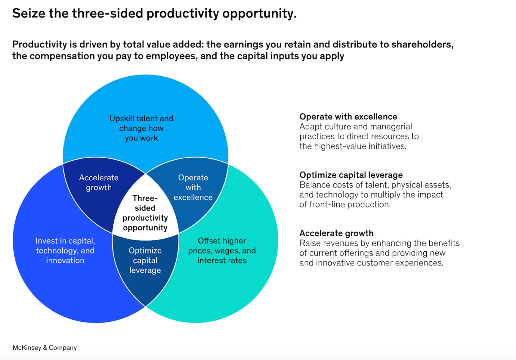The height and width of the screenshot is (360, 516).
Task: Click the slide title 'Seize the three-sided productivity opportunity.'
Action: (154, 13)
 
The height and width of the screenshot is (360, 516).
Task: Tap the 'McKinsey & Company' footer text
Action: (45, 348)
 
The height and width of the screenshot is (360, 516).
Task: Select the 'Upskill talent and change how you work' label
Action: (142, 128)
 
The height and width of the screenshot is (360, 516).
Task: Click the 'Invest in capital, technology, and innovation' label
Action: (65, 251)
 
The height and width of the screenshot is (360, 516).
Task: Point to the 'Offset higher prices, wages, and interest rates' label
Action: (222, 251)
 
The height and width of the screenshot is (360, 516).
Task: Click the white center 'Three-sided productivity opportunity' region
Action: (145, 213)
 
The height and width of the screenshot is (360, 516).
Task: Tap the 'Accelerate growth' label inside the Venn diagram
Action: (99, 183)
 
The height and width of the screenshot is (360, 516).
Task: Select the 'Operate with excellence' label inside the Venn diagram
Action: (193, 188)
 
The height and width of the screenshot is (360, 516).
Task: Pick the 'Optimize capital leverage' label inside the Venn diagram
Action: (145, 260)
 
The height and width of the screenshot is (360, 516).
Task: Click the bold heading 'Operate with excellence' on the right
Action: (348, 117)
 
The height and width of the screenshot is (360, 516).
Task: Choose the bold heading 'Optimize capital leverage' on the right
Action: (351, 175)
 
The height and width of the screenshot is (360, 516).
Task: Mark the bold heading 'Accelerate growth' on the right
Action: (336, 233)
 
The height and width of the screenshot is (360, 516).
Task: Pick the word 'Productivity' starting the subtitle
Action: (40, 45)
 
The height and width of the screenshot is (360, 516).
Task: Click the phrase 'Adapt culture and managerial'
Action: (356, 127)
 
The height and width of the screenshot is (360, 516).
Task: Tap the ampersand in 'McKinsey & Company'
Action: (45, 348)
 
